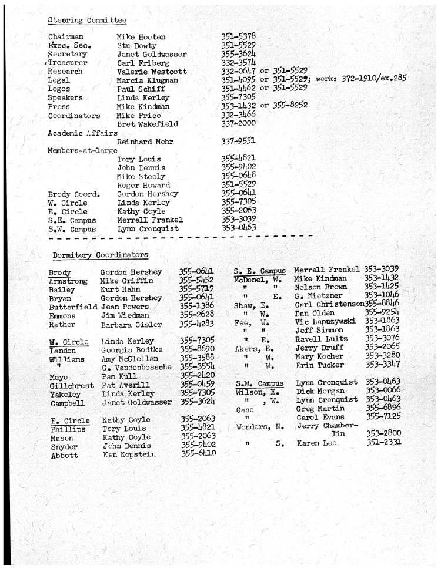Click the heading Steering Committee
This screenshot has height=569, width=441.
pyautogui.click(x=86, y=21)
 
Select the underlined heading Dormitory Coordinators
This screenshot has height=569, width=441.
pyautogui.click(x=100, y=255)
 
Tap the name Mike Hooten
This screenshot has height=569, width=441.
pyautogui.click(x=141, y=38)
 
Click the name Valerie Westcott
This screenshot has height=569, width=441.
pyautogui.click(x=152, y=72)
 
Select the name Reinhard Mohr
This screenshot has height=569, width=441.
pyautogui.click(x=145, y=142)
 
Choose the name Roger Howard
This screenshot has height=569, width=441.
pyautogui.click(x=143, y=185)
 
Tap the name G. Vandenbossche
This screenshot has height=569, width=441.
pyautogui.click(x=137, y=368)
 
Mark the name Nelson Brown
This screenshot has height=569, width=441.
pyautogui.click(x=321, y=287)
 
